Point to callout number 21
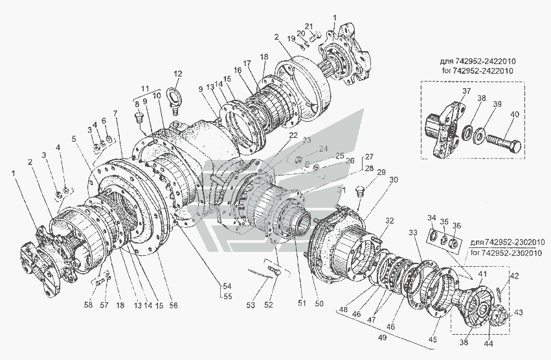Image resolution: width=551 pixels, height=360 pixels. [309, 27]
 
